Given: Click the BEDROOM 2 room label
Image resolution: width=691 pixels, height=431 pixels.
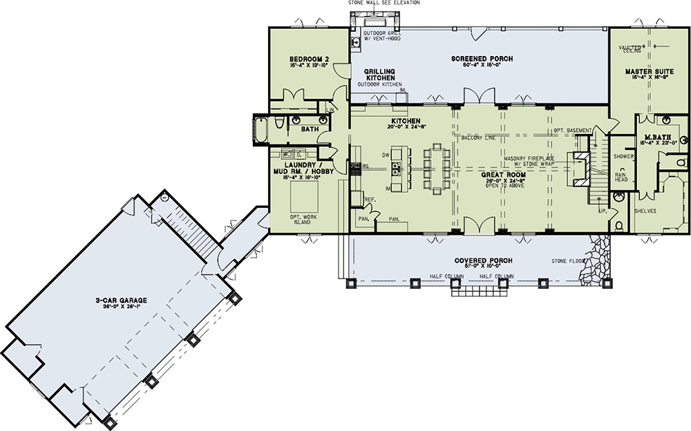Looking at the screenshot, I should [x=307, y=60].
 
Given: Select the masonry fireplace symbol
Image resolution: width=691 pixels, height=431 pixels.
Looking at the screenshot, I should [x=578, y=165].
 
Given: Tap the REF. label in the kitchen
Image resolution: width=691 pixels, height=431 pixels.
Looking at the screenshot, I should [x=370, y=200].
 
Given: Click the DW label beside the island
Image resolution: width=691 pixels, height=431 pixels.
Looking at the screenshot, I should [x=386, y=154].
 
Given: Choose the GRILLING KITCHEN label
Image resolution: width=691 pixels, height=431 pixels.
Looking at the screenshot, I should [x=379, y=75].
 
